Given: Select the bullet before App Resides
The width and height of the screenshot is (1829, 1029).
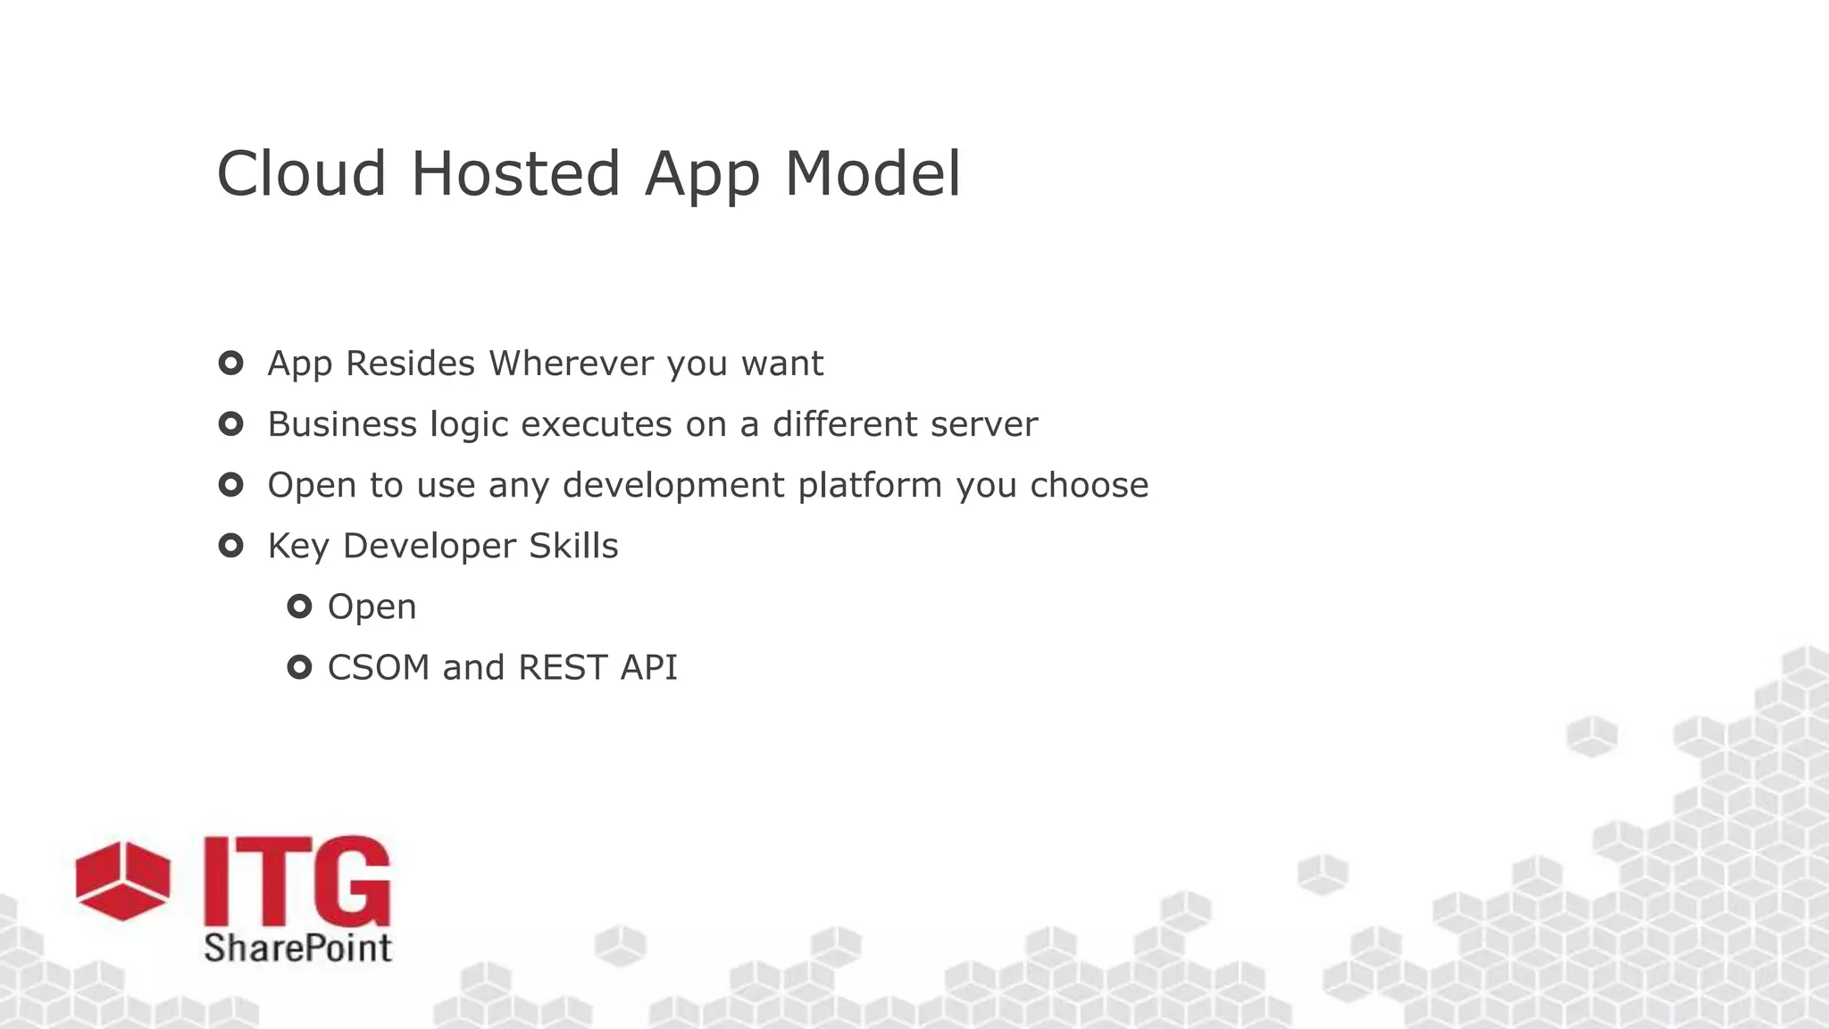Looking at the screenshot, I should (230, 364).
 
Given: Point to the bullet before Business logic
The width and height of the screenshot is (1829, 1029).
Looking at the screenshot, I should (230, 424).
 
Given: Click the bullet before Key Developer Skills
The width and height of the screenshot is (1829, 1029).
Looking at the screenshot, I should (230, 546).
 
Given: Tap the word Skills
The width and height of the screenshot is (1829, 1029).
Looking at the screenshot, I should (572, 546).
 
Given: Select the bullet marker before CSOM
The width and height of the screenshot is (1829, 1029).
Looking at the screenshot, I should (299, 667).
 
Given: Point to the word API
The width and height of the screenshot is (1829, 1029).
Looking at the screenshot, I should (649, 667).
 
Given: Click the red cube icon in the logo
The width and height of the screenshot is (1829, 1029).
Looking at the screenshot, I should (122, 880).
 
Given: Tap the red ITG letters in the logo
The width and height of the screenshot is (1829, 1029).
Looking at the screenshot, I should (296, 882).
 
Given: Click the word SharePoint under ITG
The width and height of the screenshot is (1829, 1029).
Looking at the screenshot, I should (297, 948).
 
